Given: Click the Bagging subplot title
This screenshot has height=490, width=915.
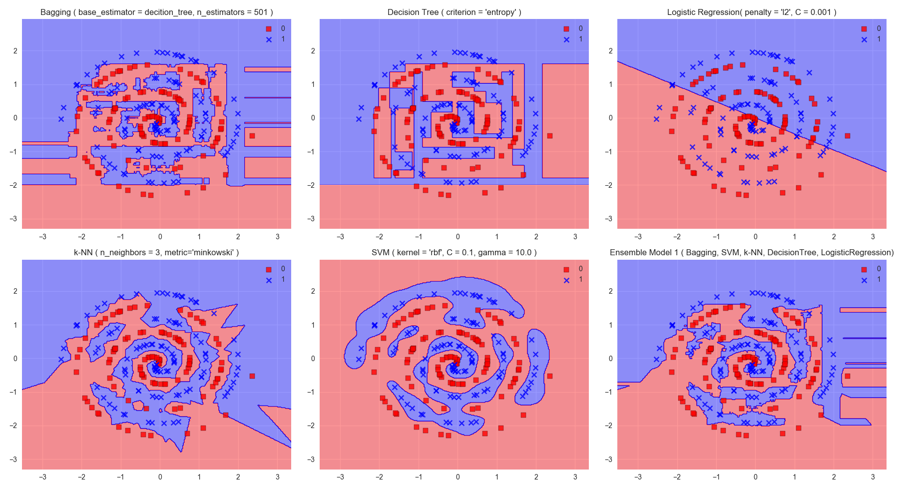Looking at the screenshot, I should [156, 12].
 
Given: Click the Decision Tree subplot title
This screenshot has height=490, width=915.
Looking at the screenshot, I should [454, 12].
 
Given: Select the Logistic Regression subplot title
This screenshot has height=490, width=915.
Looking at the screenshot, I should [752, 12].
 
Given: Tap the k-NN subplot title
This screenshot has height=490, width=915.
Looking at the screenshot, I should [156, 252].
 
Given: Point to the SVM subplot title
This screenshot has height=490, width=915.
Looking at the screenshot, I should [454, 252].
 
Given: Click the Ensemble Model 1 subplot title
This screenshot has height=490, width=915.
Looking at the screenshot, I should [752, 252].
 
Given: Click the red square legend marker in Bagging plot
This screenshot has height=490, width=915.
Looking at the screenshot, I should [269, 29].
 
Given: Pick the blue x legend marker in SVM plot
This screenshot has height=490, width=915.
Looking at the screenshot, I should [566, 280].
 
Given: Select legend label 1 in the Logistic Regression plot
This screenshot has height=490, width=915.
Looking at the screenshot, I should [879, 39].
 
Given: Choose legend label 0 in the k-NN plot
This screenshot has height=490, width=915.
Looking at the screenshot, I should [283, 269].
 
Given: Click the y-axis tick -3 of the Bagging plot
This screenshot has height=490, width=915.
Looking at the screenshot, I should [15, 219].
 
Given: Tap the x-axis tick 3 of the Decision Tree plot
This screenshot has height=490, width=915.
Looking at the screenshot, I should [575, 237].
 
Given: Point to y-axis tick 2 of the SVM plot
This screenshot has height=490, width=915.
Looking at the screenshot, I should [313, 291].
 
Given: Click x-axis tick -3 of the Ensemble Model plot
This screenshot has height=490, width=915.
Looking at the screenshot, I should [638, 477].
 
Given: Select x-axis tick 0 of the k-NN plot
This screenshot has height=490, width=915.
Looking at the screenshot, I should [160, 477].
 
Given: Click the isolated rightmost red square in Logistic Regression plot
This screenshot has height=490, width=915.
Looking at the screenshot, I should [847, 136].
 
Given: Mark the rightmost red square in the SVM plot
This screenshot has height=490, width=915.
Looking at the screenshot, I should [549, 376].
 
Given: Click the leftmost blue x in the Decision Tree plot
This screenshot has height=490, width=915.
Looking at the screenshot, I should [359, 119].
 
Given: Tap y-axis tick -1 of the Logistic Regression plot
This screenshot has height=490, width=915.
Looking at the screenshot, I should [609, 152].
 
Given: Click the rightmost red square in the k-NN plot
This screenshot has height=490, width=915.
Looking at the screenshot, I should [252, 376].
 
